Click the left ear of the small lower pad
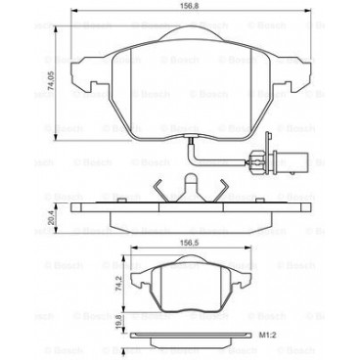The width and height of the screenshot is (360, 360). [x=134, y=280]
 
